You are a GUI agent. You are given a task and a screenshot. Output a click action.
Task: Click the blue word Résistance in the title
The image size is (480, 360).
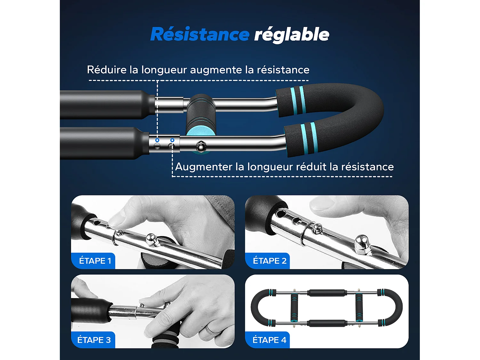coord(200,35)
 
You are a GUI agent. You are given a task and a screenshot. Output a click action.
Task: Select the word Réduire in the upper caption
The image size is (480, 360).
coord(107,70)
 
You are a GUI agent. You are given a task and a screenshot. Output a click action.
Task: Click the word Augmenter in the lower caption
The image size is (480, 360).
coord(204,167)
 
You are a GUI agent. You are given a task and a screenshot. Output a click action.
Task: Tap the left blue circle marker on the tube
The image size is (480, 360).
coord(157,140)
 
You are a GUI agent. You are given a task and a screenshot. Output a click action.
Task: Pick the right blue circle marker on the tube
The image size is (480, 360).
coord(172,140)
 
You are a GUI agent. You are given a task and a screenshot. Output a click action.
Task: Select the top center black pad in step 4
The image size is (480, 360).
coord(327,293)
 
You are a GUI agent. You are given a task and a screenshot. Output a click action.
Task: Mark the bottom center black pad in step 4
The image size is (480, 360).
coord(327,323)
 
